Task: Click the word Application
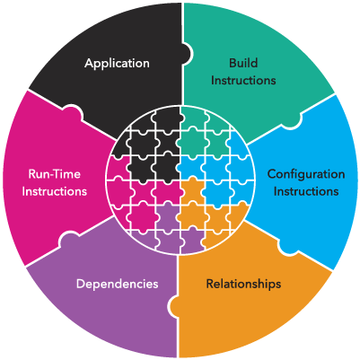117,64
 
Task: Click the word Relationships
243,284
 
